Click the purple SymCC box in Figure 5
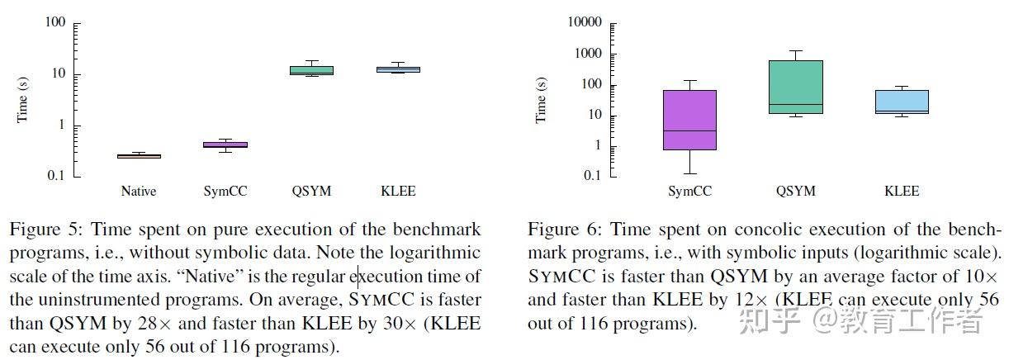tap(225, 144)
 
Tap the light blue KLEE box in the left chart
tap(398, 69)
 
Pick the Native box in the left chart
tap(139, 155)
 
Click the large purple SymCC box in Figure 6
tap(689, 120)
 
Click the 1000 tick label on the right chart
tap(589, 54)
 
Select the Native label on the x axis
tap(139, 192)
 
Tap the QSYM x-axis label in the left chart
tap(311, 192)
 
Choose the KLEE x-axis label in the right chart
tap(902, 192)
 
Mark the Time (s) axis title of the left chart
tap(23, 100)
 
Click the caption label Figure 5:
tap(41, 229)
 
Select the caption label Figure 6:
tap(560, 229)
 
